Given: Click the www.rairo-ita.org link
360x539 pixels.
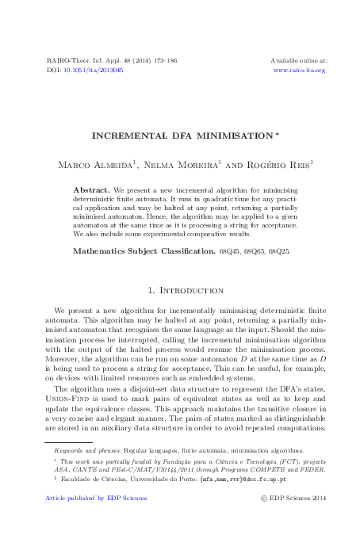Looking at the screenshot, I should [299, 70].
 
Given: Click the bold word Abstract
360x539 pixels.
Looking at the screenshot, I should [91, 191].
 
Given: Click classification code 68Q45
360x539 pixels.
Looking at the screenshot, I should [230, 250].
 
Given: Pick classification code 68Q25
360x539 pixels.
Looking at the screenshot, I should [278, 250].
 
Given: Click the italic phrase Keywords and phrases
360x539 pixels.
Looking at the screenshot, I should [84, 449].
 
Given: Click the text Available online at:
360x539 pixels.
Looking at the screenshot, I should [299, 60].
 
